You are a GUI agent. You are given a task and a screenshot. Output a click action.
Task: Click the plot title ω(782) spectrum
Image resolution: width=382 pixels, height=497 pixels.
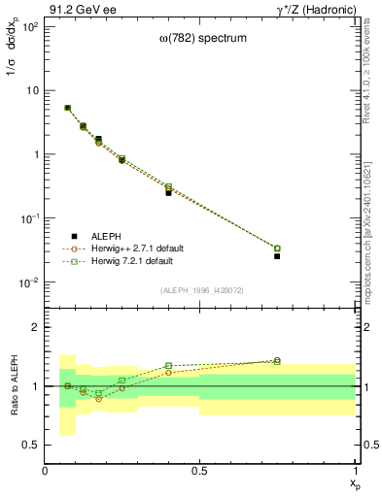point(200,38)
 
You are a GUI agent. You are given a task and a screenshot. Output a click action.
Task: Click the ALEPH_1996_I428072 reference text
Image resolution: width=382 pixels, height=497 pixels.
point(200,290)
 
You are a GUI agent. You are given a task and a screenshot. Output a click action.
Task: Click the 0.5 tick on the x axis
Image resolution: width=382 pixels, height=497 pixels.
point(199,471)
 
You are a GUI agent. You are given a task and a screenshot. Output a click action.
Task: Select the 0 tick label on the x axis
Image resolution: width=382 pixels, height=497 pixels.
point(46,471)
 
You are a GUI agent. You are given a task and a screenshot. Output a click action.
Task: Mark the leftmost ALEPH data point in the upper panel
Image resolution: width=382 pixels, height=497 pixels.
point(67,108)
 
